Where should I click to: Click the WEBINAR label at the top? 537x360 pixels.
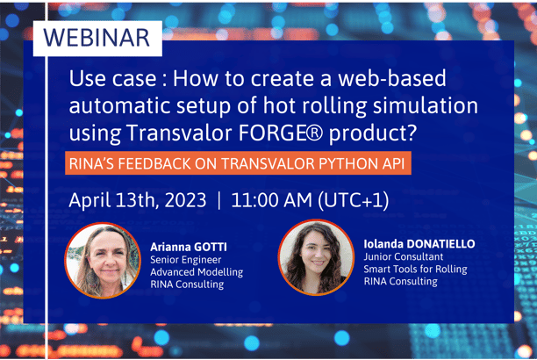[97, 38]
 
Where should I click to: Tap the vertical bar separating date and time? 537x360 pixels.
[218, 200]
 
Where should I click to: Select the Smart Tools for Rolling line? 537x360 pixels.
[414, 269]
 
